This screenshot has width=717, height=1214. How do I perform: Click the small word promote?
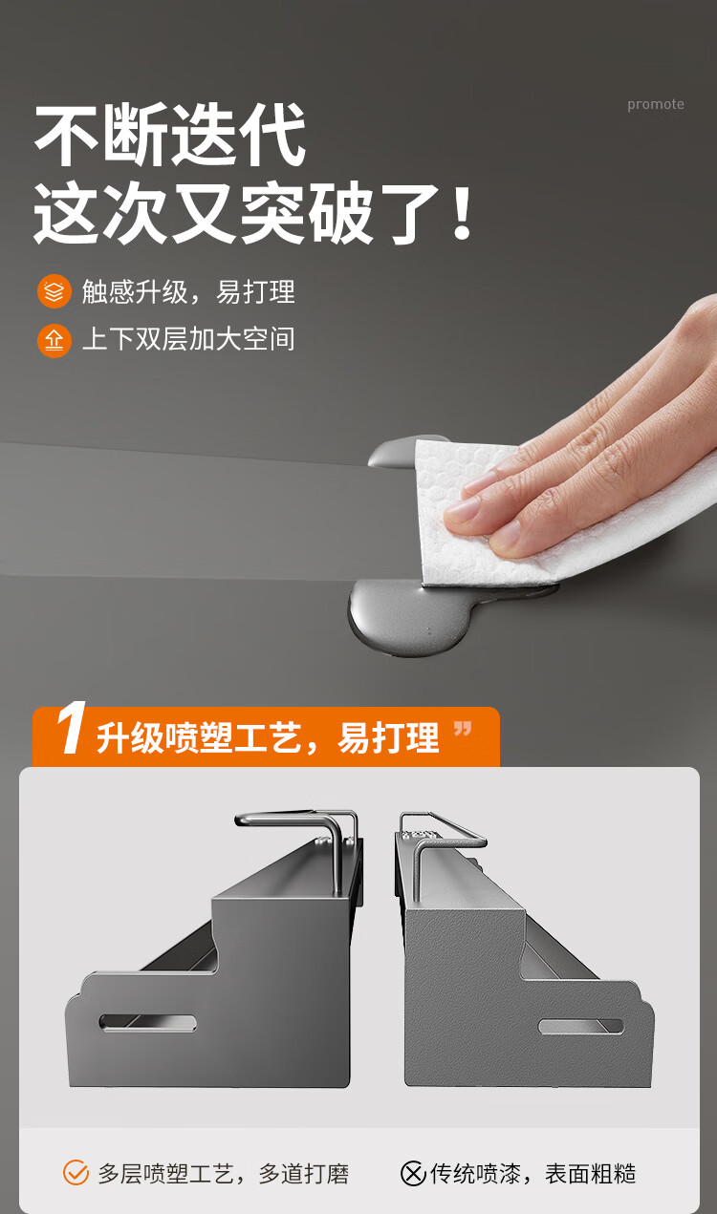(655, 104)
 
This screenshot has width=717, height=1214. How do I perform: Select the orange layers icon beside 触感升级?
(54, 291)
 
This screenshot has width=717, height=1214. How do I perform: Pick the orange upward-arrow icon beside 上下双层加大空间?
(54, 341)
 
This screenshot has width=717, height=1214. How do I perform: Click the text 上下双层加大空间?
(188, 339)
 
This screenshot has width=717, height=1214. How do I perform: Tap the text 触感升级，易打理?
(188, 291)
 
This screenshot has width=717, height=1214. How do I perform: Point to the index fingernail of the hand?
(462, 509)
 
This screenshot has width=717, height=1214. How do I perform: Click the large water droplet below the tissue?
(408, 618)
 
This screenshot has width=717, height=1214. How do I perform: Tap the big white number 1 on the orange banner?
(71, 728)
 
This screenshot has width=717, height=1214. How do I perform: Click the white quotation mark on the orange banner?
(463, 729)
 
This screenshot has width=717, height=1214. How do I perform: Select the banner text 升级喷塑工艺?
(199, 737)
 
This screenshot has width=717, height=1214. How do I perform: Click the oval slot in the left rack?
(147, 1023)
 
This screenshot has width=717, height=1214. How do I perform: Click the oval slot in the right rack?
(581, 1026)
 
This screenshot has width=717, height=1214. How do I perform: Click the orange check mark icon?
(76, 1173)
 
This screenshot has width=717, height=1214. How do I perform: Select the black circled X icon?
(413, 1174)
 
